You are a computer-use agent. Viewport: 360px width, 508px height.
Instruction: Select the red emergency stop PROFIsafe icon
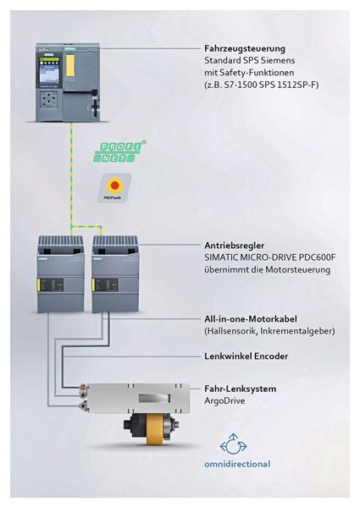click(116, 188)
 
